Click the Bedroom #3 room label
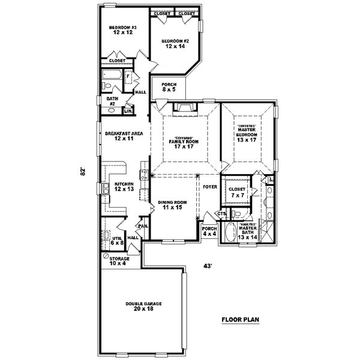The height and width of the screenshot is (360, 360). (x=122, y=30)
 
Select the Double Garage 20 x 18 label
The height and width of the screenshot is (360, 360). (x=139, y=307)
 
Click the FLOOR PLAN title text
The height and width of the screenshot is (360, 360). (x=239, y=319)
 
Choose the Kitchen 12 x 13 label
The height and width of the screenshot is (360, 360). (x=118, y=187)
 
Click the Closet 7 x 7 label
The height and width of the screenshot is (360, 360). (x=236, y=192)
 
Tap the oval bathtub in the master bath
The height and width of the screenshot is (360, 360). (x=229, y=232)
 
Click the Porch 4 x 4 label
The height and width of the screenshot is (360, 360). (x=209, y=231)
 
